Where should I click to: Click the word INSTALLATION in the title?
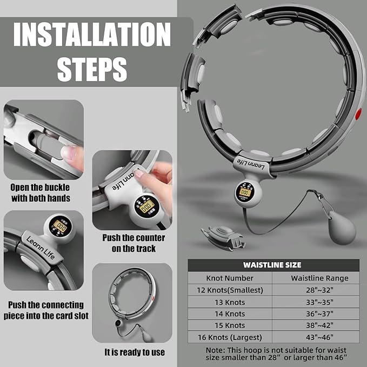coord(92,35)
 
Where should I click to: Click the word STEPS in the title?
coord(92,70)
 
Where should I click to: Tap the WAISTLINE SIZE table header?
coord(272,265)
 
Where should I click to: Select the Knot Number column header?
coord(230,278)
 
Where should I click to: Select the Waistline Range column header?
coord(319,278)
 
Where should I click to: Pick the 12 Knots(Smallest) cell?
coord(230,290)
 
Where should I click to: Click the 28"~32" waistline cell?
coord(319,290)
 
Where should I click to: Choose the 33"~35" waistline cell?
coord(319,302)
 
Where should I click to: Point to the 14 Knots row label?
coord(230,314)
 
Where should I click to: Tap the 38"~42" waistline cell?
coord(319,325)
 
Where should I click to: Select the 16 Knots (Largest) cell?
coord(230,337)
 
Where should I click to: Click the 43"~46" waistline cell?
coord(319,337)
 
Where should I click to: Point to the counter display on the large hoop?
coord(245,192)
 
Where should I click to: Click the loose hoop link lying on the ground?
coord(223,237)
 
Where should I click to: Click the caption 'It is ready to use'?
coord(135,352)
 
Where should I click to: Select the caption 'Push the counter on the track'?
coord(134,243)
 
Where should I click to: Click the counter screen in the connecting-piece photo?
coord(60,226)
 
